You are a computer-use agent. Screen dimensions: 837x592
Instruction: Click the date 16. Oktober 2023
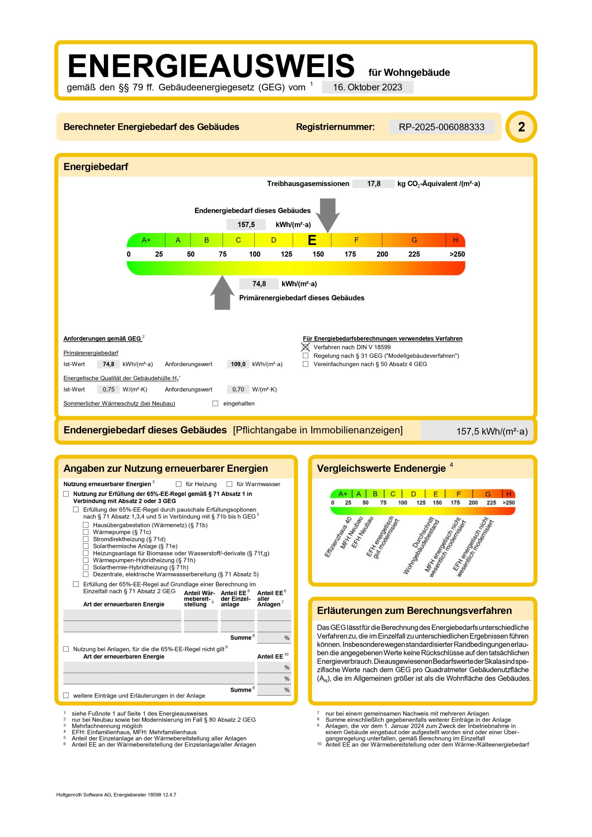pyautogui.click(x=367, y=87)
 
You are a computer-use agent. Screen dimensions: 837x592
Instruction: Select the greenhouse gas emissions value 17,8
pyautogui.click(x=373, y=184)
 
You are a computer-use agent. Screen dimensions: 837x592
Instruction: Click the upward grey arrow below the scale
pyautogui.click(x=222, y=294)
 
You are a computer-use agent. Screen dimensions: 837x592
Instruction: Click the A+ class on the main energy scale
pyautogui.click(x=146, y=240)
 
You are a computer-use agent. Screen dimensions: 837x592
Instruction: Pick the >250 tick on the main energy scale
pyautogui.click(x=457, y=254)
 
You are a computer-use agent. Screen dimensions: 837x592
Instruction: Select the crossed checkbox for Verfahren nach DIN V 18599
pyautogui.click(x=305, y=347)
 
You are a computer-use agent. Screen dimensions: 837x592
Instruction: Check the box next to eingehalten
pyautogui.click(x=215, y=403)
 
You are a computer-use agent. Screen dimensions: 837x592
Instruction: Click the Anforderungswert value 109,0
pyautogui.click(x=238, y=364)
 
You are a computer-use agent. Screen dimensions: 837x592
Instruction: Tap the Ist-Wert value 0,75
pyautogui.click(x=108, y=389)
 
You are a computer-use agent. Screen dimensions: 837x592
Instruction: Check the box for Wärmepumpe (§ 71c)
pyautogui.click(x=86, y=532)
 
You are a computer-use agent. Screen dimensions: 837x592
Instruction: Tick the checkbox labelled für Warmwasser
pyautogui.click(x=229, y=484)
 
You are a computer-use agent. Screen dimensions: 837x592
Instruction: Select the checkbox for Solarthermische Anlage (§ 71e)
pyautogui.click(x=86, y=546)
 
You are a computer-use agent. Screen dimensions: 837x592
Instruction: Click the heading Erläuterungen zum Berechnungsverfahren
pyautogui.click(x=414, y=611)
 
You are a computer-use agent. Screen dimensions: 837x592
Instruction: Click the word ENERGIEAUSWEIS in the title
pyautogui.click(x=211, y=66)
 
